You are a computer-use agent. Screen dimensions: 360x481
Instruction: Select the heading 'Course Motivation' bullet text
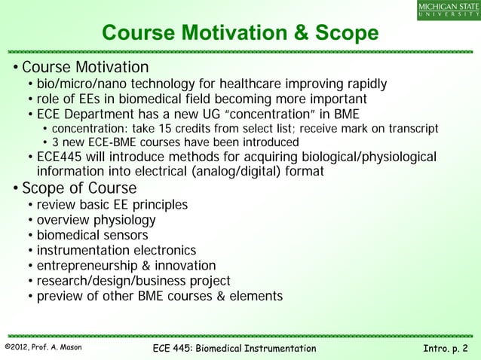[x=85, y=67]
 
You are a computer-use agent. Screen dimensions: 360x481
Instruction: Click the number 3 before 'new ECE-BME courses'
[x=56, y=143]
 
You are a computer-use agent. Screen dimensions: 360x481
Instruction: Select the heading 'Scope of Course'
[x=79, y=188]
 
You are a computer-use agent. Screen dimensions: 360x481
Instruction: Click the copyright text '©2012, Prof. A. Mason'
[x=44, y=347]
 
